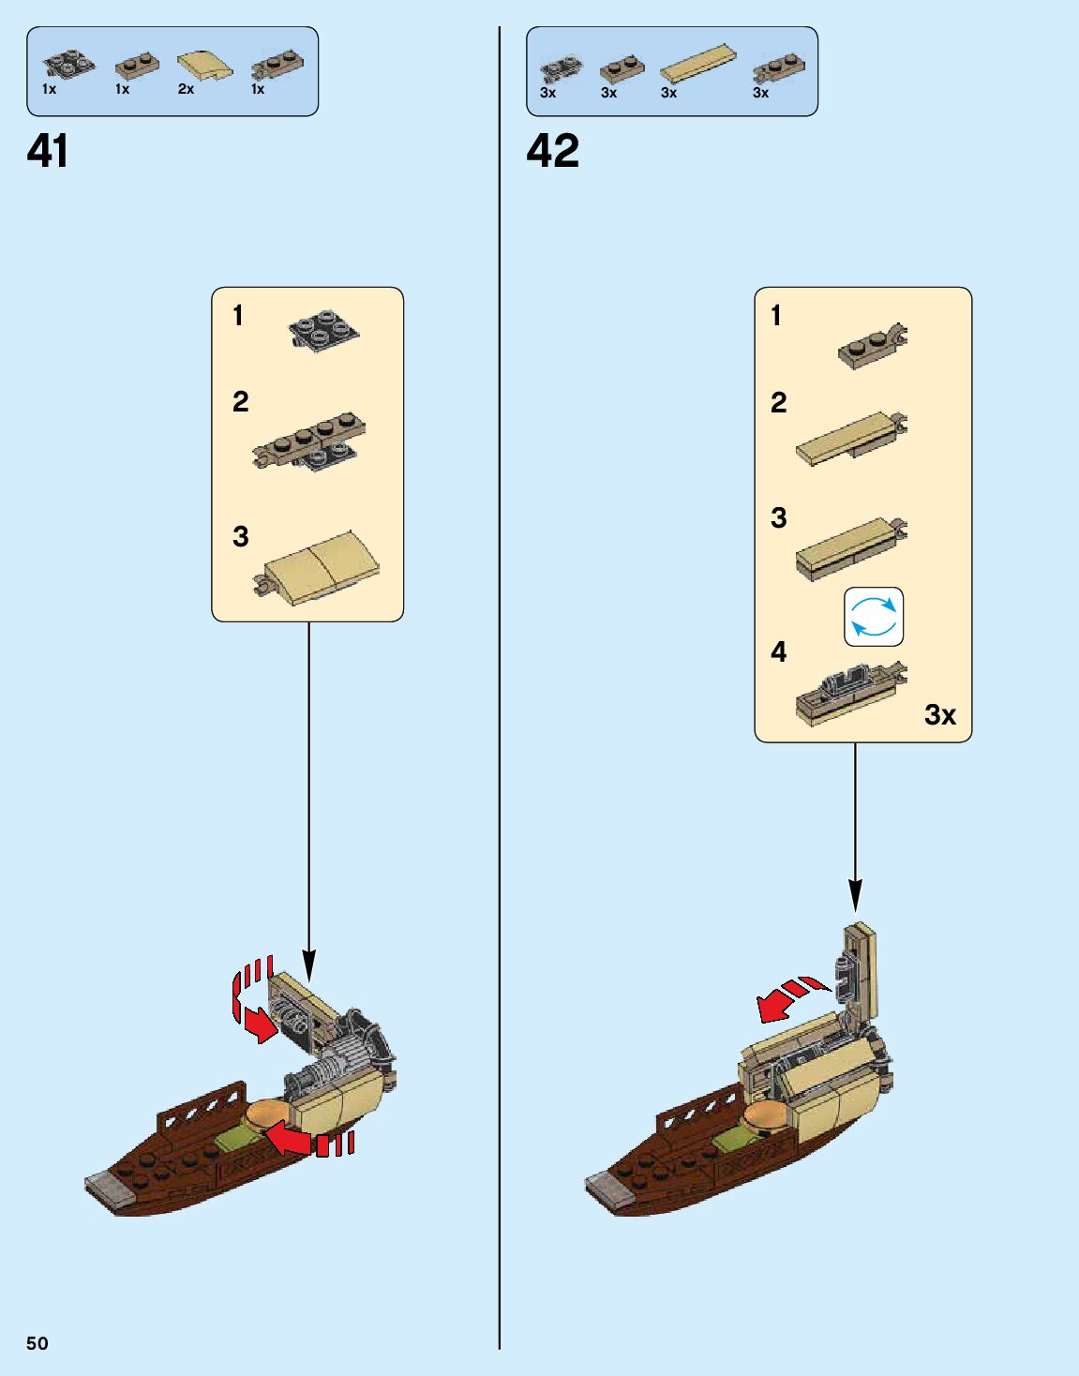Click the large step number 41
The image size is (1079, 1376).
(47, 151)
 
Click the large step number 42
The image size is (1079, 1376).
(552, 151)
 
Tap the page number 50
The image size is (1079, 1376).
(37, 1343)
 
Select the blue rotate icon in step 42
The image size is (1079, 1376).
(874, 617)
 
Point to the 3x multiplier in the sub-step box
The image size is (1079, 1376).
(939, 715)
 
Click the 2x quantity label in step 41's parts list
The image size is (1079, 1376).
(186, 89)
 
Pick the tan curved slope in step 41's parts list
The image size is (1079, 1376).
(204, 65)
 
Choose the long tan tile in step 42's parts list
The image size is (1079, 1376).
(697, 63)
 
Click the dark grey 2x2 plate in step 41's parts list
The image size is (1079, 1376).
(67, 65)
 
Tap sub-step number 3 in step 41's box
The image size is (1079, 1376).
(241, 536)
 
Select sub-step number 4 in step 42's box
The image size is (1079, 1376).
(779, 652)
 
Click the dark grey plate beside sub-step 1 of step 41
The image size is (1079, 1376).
(324, 330)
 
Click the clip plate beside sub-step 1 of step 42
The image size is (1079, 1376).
(873, 347)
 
